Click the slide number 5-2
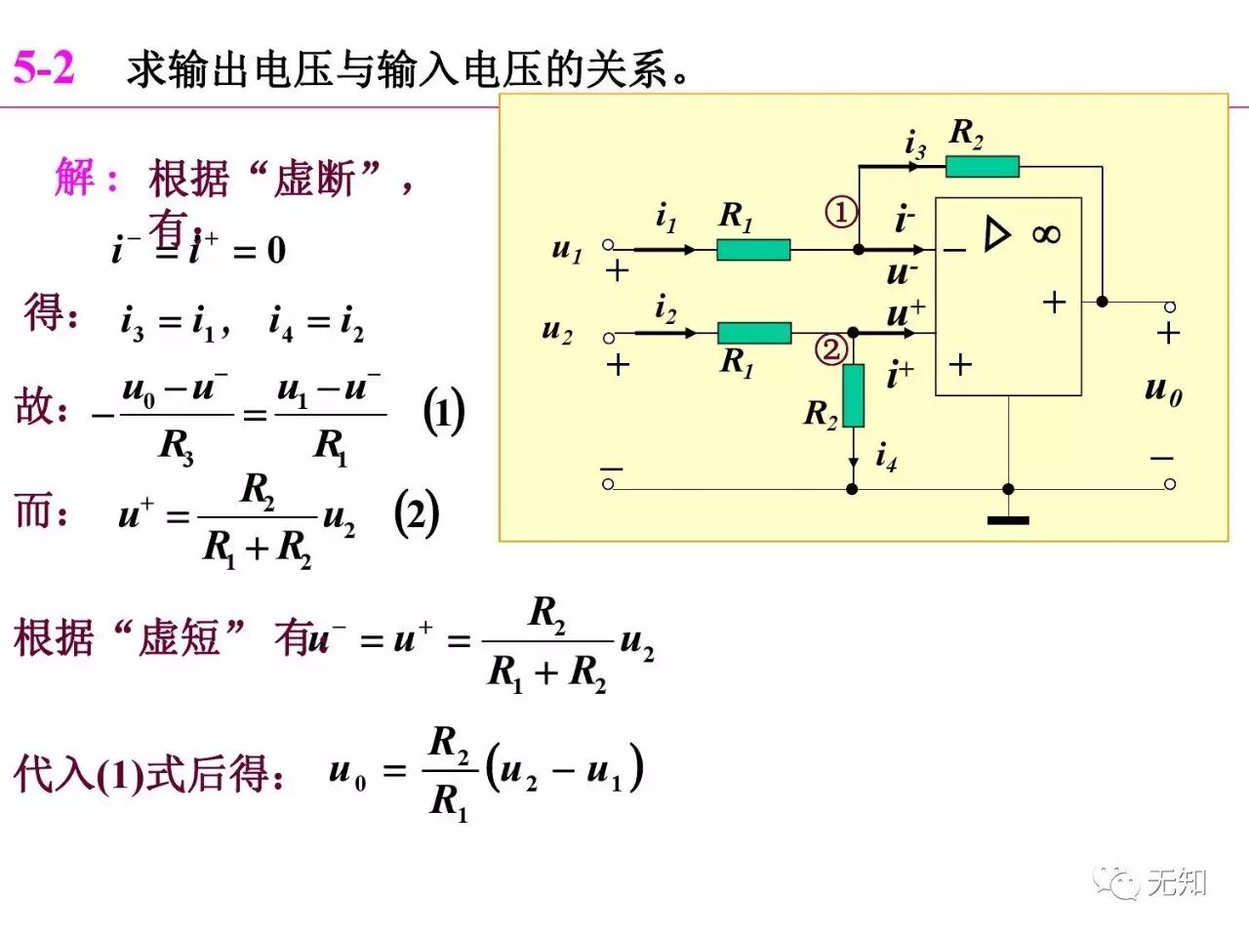pos(44,68)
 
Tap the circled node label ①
pos(841,212)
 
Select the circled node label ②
pos(831,349)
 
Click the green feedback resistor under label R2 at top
pos(982,167)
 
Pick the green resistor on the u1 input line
pos(753,250)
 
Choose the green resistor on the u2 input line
pos(754,333)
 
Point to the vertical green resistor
pos(853,395)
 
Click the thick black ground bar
pos(1008,520)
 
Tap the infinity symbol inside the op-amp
pos(1045,234)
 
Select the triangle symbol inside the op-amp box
pos(996,234)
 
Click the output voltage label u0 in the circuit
pos(1163,390)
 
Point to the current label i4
pos(886,456)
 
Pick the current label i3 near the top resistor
pos(914,144)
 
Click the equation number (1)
pos(444,412)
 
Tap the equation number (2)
pos(417,514)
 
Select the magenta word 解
pos(75,178)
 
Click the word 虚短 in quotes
pos(179,639)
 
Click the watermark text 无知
pos(1177,882)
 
